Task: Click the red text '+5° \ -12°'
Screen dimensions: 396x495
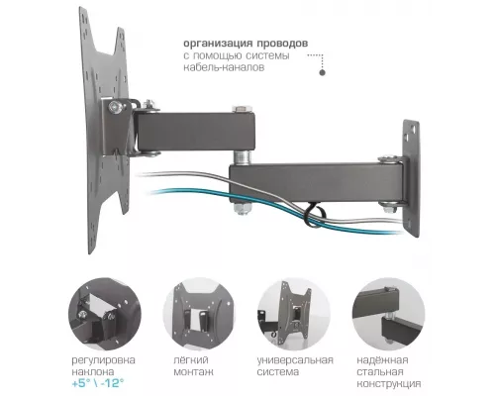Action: pyautogui.click(x=105, y=383)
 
